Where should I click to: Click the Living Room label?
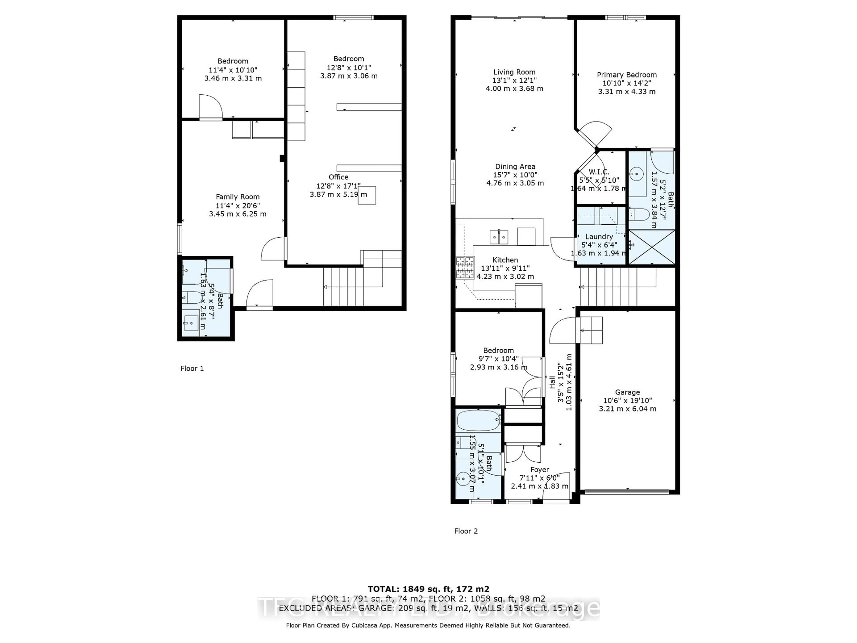tap(514, 72)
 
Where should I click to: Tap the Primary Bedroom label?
tap(626, 75)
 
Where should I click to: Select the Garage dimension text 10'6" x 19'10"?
tap(627, 400)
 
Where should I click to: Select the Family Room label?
tap(237, 197)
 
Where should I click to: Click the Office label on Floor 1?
tap(338, 177)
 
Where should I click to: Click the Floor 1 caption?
tap(192, 368)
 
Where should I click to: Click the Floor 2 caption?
tap(466, 531)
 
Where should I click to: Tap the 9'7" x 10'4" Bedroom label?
tap(498, 350)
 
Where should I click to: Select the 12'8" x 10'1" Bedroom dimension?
tap(348, 67)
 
